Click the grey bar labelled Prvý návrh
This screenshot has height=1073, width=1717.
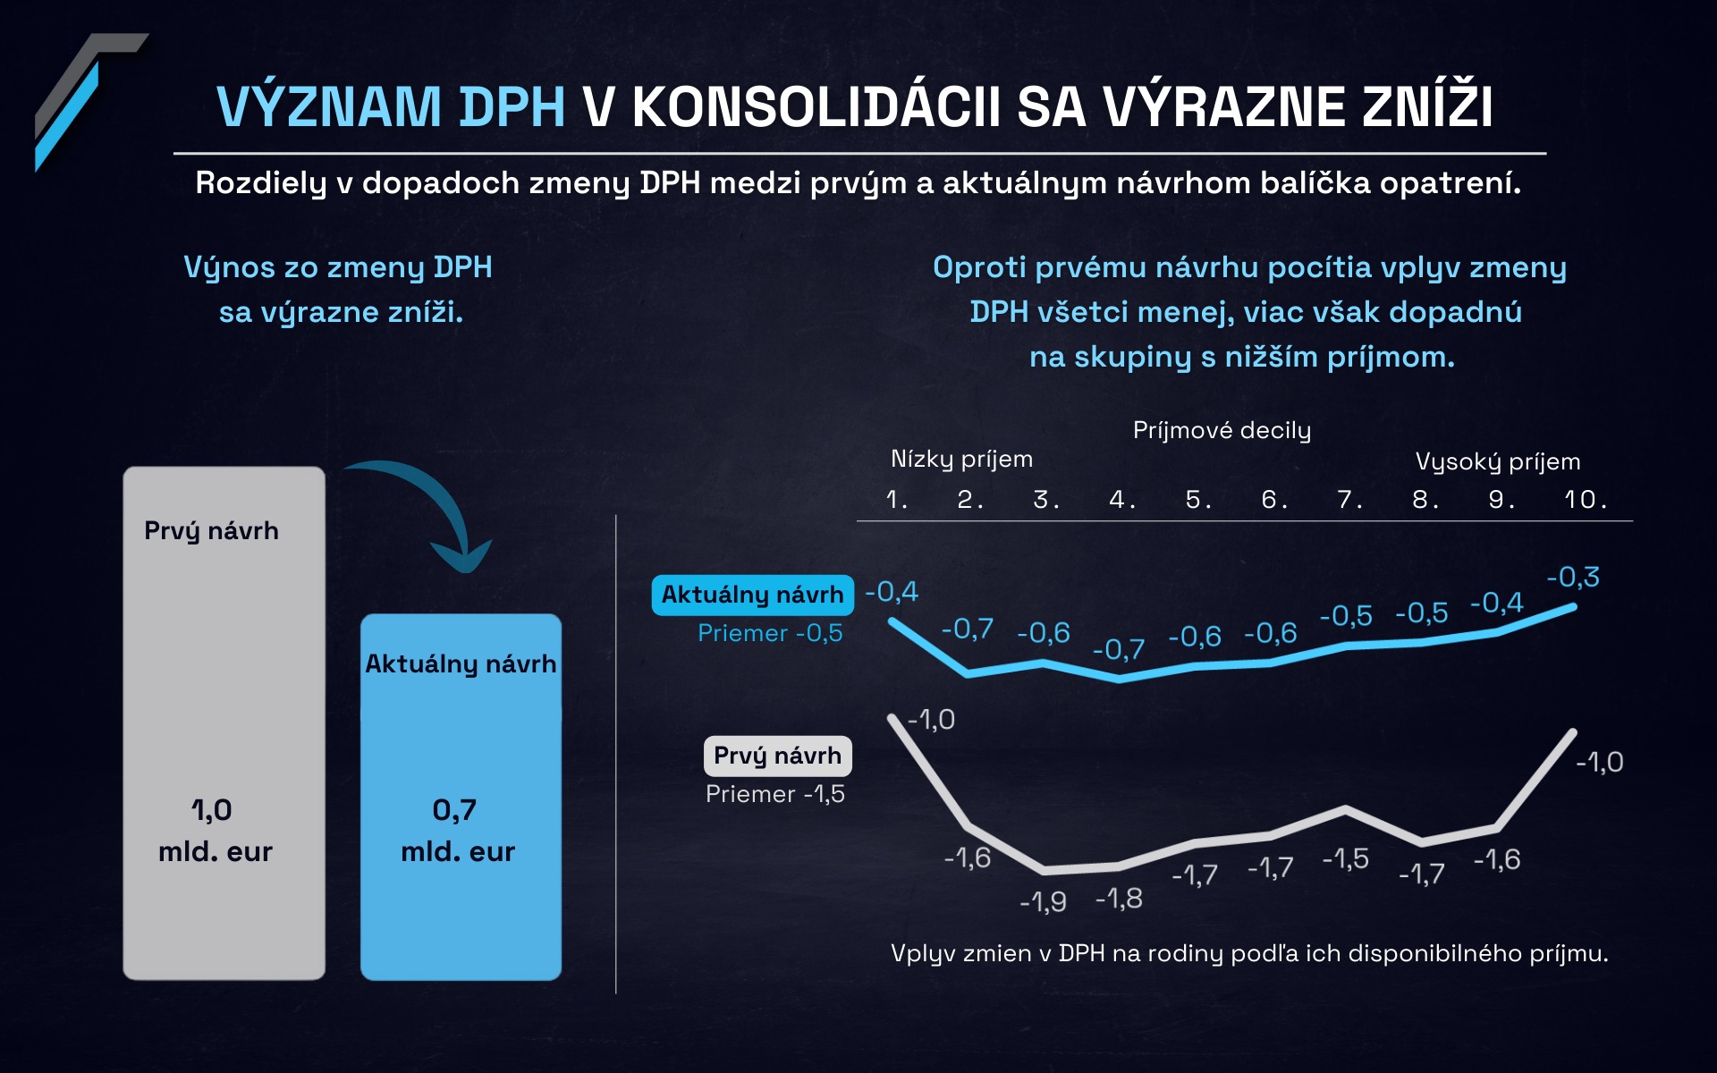224,722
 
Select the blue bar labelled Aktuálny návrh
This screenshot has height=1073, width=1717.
461,797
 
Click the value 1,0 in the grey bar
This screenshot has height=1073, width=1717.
212,810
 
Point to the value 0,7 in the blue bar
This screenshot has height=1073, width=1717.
454,810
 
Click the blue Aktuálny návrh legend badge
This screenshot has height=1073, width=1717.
752,595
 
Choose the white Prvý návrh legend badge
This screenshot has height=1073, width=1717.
777,756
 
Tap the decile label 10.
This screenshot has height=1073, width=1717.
1586,499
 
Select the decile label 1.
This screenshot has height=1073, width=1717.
896,499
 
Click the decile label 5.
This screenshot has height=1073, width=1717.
1198,499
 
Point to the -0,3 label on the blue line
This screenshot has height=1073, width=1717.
1573,577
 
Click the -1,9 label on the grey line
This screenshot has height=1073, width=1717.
1043,901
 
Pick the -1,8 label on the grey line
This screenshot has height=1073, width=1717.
1119,898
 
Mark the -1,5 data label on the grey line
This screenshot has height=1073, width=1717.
1345,858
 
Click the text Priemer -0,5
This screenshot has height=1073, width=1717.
770,633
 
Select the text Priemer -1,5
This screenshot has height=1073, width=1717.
775,794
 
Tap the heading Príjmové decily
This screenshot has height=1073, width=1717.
1222,431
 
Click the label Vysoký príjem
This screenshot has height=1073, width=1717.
1498,462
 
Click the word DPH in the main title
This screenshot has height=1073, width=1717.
512,107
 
